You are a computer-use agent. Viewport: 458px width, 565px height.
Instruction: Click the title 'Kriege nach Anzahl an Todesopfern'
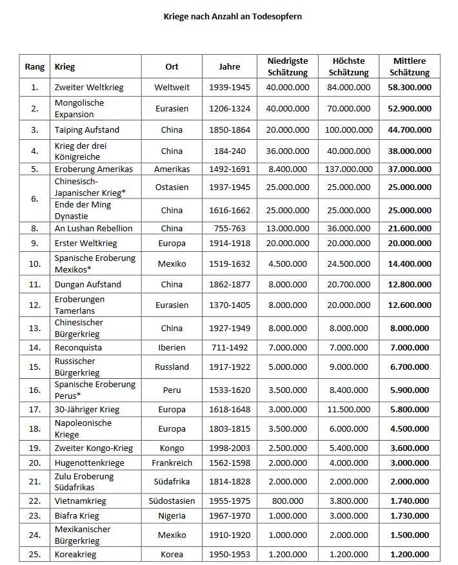(232, 16)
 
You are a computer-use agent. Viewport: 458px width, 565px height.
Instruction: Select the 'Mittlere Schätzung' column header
(410, 67)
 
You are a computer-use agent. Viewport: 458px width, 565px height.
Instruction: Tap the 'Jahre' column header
(229, 67)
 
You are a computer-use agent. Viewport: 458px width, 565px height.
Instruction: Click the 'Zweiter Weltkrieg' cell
(89, 87)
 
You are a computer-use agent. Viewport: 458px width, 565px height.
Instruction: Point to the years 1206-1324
(229, 108)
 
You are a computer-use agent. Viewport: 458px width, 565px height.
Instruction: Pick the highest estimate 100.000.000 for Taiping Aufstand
(349, 129)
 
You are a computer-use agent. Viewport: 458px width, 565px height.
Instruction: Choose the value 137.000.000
(349, 169)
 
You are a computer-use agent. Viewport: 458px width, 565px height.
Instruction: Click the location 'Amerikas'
(172, 169)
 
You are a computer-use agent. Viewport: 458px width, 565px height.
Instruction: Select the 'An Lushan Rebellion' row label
(94, 228)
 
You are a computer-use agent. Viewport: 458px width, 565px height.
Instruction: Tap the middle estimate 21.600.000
(410, 228)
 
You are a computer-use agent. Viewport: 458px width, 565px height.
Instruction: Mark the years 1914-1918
(229, 244)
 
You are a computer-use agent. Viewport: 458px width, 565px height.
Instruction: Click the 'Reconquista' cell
(78, 347)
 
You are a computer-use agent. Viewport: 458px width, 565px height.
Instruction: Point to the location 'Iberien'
(172, 347)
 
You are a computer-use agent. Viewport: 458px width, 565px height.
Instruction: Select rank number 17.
(35, 409)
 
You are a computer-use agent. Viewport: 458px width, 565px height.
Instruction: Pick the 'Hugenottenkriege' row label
(90, 463)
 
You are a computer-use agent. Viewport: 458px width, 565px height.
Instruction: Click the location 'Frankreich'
(172, 463)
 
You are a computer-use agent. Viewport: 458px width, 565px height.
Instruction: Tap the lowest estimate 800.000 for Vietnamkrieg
(288, 501)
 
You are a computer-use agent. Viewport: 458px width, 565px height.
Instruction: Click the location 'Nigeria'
(172, 516)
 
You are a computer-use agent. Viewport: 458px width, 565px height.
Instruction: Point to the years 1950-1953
(229, 554)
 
